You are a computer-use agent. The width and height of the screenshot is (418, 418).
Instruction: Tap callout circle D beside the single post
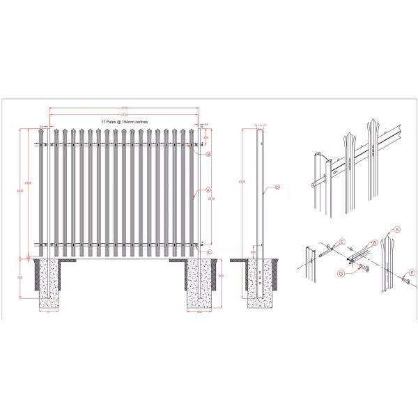[277, 187]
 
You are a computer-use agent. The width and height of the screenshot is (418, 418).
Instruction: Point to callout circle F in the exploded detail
[412, 272]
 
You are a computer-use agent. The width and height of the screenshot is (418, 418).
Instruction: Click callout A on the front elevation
[208, 189]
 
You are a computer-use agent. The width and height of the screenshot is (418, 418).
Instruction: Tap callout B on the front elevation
[208, 155]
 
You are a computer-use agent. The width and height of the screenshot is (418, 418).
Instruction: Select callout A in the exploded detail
[398, 229]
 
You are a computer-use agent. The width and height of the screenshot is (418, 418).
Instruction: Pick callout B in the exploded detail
[376, 243]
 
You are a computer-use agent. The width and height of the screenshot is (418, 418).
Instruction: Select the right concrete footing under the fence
[201, 284]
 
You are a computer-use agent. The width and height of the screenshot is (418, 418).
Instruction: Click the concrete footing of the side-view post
[261, 284]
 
